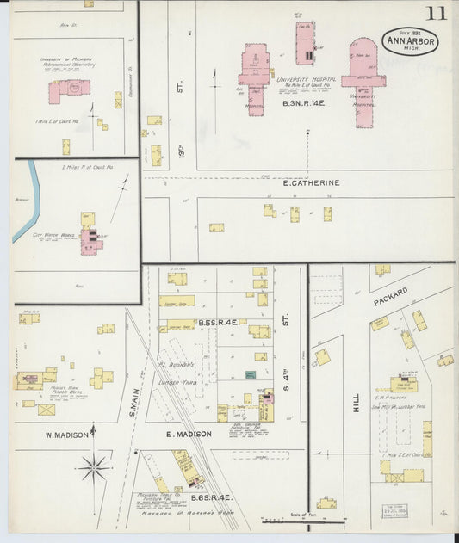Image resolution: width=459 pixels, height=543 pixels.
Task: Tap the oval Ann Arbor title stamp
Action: pyautogui.click(x=411, y=43)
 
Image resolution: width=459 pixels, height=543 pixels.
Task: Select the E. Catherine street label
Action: pyautogui.click(x=311, y=182)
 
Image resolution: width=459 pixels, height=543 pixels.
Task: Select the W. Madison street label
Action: pyautogui.click(x=67, y=435)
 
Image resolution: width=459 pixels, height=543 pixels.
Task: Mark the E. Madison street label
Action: pyautogui.click(x=189, y=434)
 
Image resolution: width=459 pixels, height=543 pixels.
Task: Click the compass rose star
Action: pyautogui.click(x=93, y=467)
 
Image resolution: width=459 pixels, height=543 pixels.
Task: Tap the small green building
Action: pyautogui.click(x=250, y=374)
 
